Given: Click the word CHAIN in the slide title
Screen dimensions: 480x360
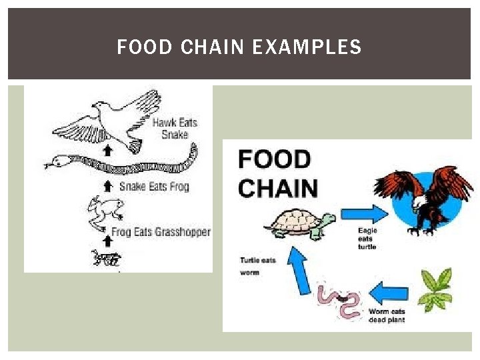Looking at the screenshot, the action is (x=204, y=47).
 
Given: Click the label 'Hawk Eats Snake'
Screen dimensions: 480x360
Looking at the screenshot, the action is (x=175, y=128).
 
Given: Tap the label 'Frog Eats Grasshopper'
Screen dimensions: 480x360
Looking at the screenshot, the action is (x=161, y=232).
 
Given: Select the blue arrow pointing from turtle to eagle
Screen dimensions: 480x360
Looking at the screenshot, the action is (x=364, y=213).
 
